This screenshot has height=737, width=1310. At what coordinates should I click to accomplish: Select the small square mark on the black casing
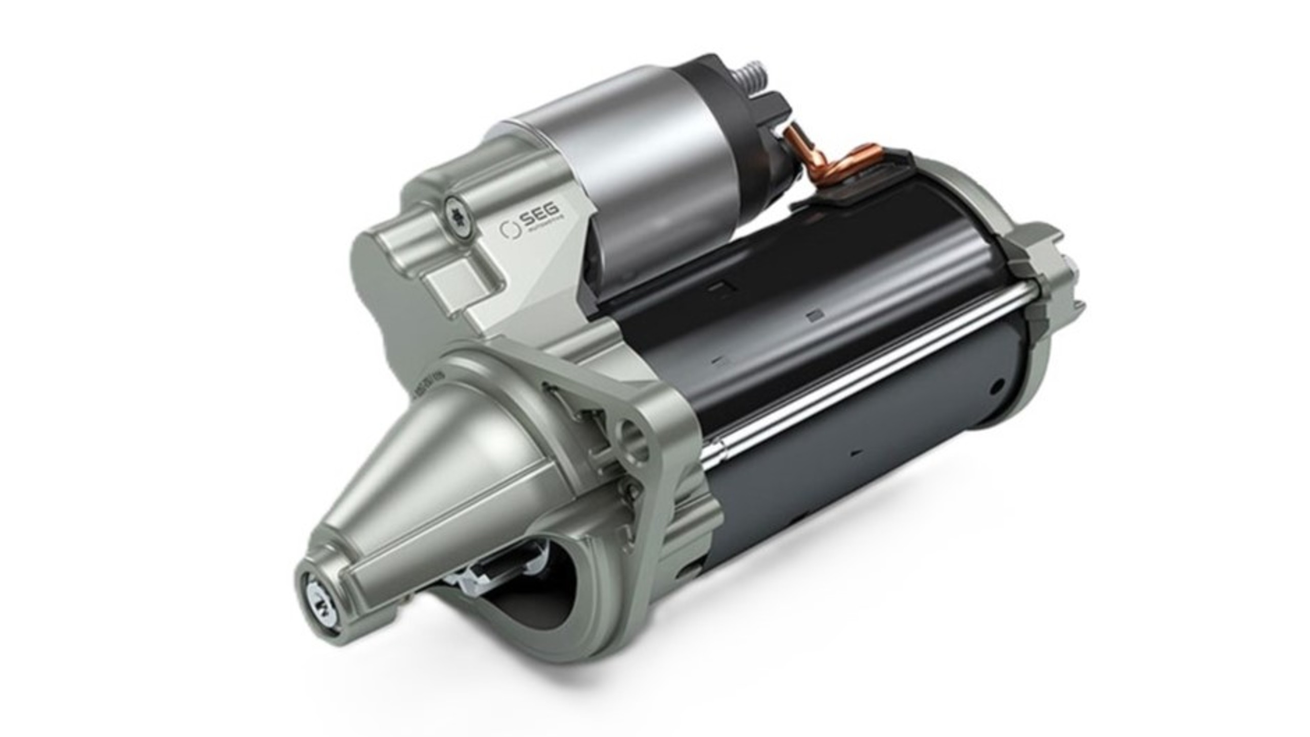click(812, 317)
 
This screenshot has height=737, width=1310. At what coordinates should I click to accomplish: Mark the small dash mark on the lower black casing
click(856, 452)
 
